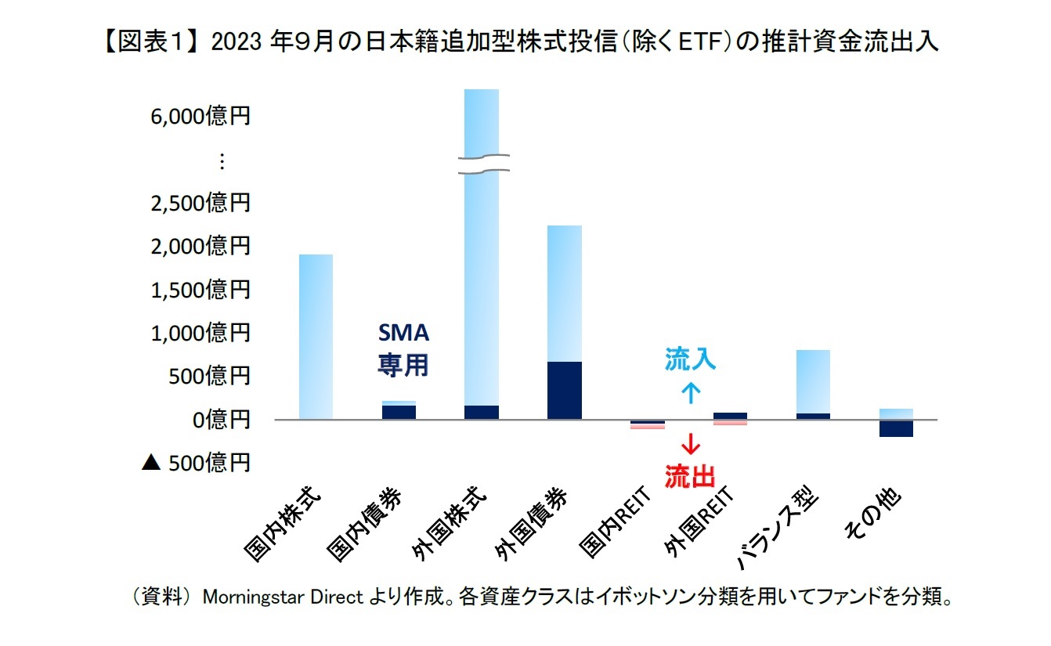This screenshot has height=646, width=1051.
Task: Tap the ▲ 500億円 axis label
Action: (196, 463)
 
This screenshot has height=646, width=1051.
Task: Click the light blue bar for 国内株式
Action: (316, 337)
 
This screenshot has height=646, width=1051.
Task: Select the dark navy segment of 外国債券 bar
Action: (565, 390)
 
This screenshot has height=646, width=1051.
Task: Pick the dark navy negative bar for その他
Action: (896, 428)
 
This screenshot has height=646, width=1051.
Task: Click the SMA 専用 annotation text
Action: (403, 349)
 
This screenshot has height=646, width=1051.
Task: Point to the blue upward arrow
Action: (690, 392)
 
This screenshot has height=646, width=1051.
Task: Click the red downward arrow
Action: (690, 444)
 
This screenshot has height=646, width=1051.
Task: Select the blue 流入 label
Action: (690, 359)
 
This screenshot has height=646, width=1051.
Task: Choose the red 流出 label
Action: (690, 476)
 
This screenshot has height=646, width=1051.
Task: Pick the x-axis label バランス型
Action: (776, 529)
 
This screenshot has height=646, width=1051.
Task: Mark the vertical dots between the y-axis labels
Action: (222, 161)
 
